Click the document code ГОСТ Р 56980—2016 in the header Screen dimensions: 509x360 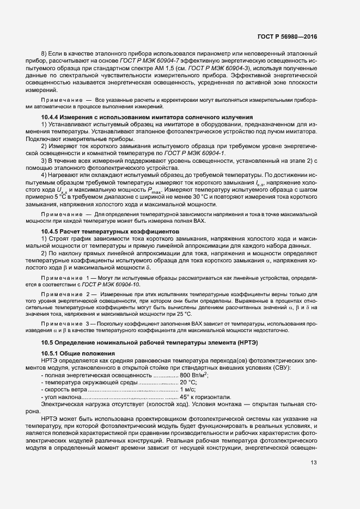(289, 36)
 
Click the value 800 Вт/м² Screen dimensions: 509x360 (194, 376)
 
